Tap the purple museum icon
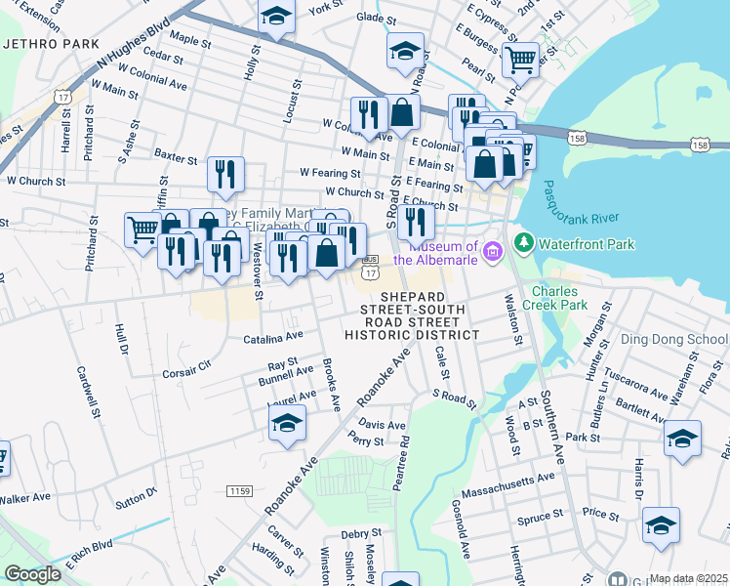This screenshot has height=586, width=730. (x=493, y=252)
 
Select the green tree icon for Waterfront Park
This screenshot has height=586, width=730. (x=522, y=240)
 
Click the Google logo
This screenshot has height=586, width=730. (x=32, y=574)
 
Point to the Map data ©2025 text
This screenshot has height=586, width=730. (x=688, y=578)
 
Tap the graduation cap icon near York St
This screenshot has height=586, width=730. (x=276, y=17)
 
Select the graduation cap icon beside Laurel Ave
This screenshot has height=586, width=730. (x=287, y=423)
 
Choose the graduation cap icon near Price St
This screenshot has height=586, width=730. (x=661, y=525)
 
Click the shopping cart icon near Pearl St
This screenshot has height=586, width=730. (x=520, y=60)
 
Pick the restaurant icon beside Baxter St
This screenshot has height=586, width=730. (x=225, y=174)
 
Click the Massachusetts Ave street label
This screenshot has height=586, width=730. (x=507, y=480)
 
